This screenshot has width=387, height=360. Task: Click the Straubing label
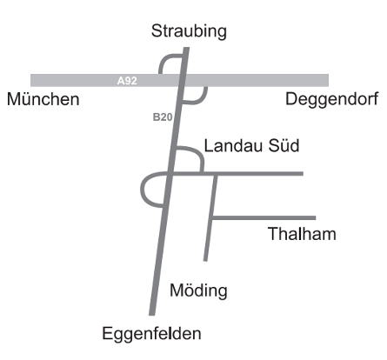(189, 31)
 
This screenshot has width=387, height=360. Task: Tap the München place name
(43, 99)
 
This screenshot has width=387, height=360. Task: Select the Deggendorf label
(334, 99)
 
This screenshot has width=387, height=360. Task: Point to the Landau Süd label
(251, 144)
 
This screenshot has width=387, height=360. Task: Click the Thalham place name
(302, 234)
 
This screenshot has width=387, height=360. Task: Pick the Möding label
(199, 290)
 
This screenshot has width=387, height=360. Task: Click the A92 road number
(127, 81)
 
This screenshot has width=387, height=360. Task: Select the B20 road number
(163, 117)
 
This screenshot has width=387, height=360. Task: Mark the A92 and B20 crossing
(182, 81)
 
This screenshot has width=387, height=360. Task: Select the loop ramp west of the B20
(146, 190)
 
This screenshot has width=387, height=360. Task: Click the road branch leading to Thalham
(265, 217)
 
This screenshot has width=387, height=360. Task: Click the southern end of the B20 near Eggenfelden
(153, 311)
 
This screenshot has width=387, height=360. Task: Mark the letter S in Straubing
(157, 31)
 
